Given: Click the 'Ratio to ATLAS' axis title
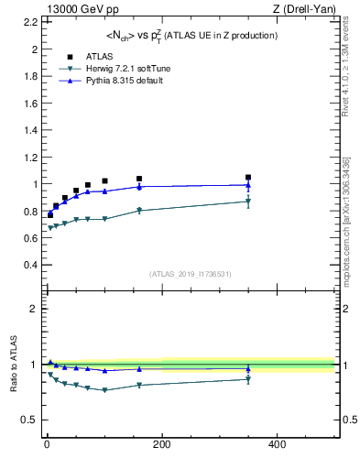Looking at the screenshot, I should coord(14,364).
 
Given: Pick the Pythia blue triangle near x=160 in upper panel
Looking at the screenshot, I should coord(139,187).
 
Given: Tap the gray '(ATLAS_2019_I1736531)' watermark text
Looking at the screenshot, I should coord(191,274).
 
